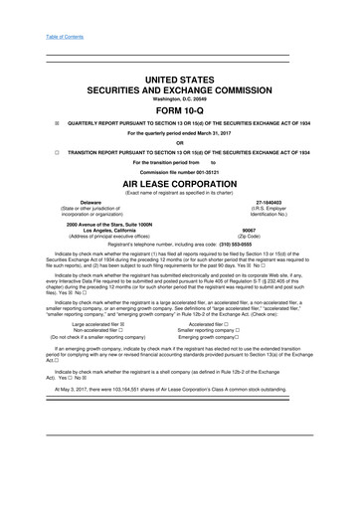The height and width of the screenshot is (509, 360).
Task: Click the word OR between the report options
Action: pyautogui.click(x=179, y=151)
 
